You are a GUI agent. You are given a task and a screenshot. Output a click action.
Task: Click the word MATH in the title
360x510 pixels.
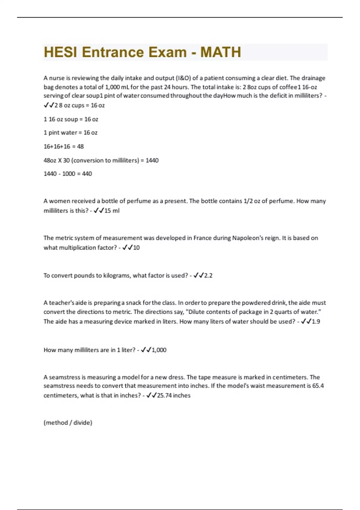[220, 52]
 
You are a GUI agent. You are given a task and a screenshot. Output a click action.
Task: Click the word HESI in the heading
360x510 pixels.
[60, 52]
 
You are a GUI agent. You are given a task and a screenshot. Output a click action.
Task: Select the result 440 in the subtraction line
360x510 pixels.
[87, 174]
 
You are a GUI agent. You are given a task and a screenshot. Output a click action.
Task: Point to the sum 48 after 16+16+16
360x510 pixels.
[80, 146]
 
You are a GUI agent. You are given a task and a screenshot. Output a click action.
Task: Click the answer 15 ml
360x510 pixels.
[112, 211]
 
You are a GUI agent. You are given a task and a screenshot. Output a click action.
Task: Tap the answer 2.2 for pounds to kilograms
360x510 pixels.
[208, 275]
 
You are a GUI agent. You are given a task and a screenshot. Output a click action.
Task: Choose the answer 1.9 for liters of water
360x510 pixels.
[316, 321]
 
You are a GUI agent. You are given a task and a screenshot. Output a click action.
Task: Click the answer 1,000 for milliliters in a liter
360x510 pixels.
[159, 350]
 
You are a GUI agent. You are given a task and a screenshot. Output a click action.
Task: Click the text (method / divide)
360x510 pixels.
[68, 422]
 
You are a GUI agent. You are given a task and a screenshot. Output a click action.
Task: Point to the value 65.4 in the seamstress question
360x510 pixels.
[318, 386]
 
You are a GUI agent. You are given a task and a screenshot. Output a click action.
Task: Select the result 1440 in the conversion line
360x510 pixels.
[152, 160]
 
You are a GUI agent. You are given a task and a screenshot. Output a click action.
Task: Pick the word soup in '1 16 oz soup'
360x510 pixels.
[71, 119]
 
